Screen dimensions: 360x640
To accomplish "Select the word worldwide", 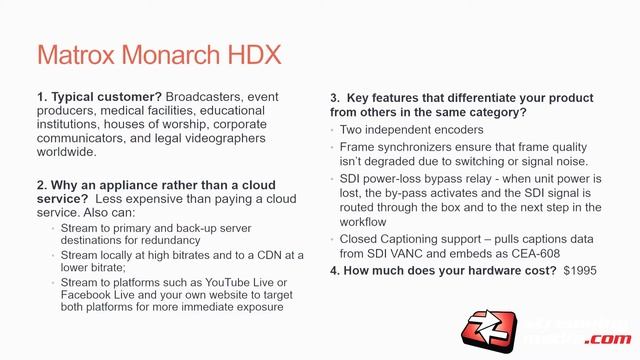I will point(67,153).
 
